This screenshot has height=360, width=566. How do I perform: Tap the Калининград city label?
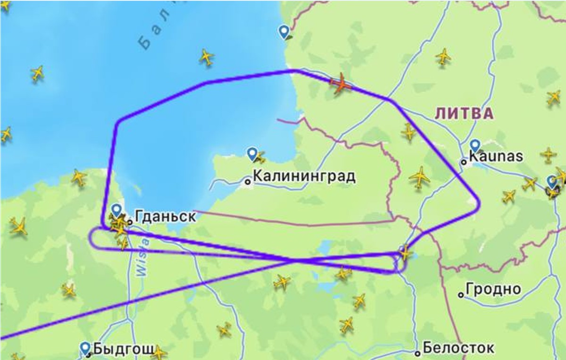click(304, 177)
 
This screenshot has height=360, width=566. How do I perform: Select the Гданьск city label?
click(165, 217)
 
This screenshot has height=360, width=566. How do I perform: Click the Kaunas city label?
click(495, 156)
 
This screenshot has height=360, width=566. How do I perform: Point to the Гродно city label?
click(493, 289)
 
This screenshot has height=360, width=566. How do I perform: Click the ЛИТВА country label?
click(464, 113)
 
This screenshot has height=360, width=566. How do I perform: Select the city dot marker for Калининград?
click(247, 181)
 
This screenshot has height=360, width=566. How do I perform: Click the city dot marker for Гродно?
click(461, 294)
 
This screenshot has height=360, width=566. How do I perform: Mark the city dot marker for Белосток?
click(418, 353)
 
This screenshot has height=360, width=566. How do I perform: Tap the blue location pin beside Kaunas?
click(475, 146)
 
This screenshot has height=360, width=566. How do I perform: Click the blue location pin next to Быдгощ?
click(85, 348)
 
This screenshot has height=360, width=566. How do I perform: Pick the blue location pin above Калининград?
click(252, 153)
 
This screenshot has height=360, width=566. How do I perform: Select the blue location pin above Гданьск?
click(117, 210)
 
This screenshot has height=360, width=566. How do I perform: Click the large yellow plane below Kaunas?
click(419, 178)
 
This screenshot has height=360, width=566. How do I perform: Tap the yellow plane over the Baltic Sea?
click(206, 57)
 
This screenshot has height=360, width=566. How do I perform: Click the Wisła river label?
click(143, 258)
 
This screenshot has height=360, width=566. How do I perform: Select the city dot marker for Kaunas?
click(464, 162)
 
